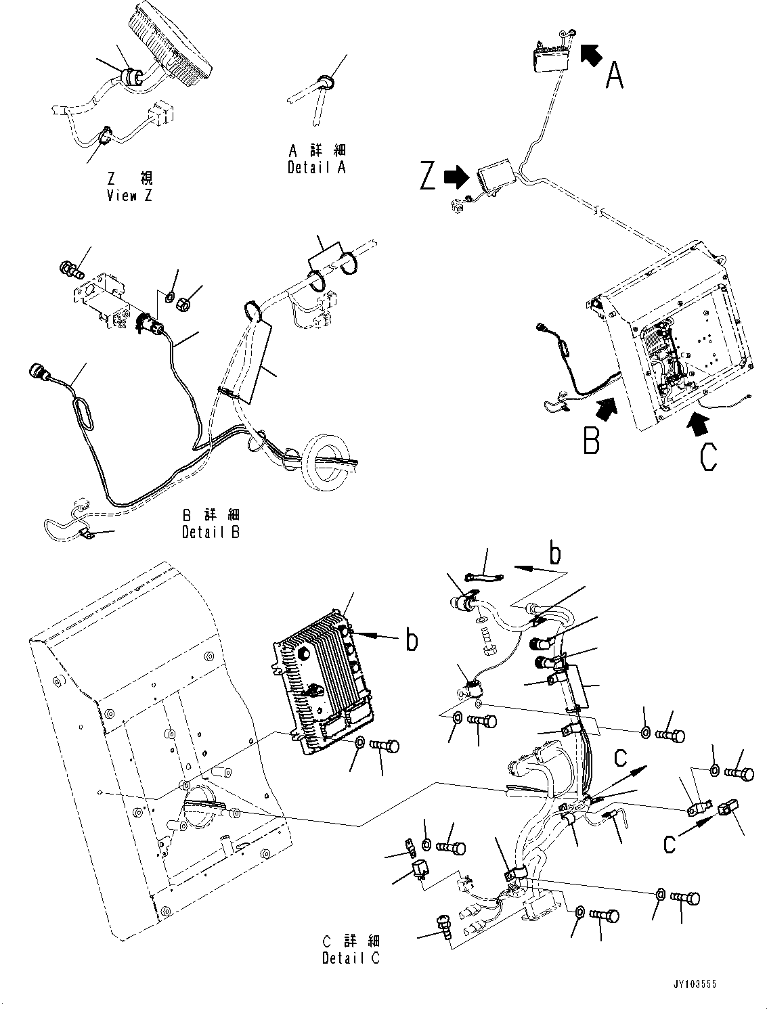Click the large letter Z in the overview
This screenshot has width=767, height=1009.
[x=427, y=177]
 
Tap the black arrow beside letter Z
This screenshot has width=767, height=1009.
[x=455, y=177]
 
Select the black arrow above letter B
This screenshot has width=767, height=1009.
[x=606, y=408]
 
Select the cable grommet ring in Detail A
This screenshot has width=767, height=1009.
[x=326, y=83]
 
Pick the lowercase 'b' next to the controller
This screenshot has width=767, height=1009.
[x=411, y=640]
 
